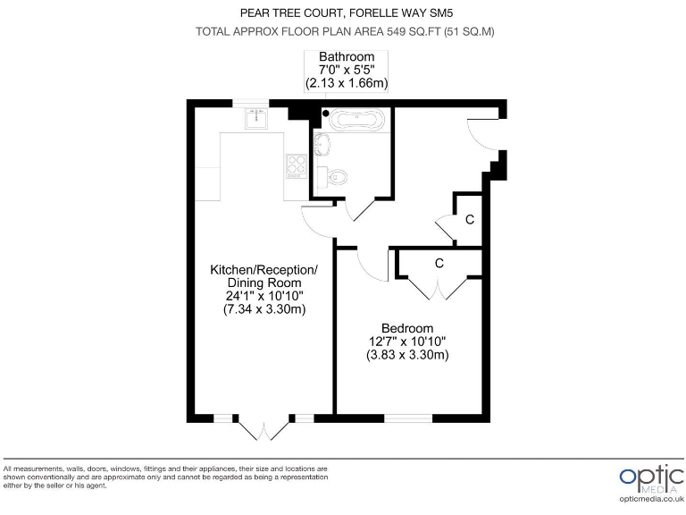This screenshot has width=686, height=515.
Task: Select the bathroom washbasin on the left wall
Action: tap(320, 144)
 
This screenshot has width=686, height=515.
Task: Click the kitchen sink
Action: tap(256, 117)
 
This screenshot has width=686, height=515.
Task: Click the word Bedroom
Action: tap(406, 328)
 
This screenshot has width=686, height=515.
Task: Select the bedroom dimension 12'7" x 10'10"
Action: tap(406, 342)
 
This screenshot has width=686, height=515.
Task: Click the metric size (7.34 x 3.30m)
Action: tap(264, 310)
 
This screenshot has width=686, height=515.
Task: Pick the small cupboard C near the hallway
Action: tap(469, 219)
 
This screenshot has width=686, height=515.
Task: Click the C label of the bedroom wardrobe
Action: tap(439, 264)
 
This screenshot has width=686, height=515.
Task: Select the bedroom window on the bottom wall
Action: tap(409, 418)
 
